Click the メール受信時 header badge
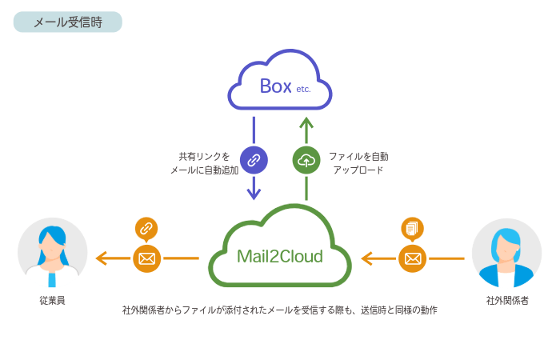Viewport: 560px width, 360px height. pos(68,22)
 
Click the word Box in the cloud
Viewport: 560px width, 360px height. pos(275,86)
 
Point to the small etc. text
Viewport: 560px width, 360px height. pos(302,90)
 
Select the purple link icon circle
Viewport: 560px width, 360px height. pos(254,160)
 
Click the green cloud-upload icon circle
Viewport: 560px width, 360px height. pos(306,160)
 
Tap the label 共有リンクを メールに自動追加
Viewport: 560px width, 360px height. pos(204,163)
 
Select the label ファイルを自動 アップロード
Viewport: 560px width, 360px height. pos(358,163)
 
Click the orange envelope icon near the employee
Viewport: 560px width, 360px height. pos(146,258)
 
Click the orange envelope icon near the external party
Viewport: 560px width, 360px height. pos(412,258)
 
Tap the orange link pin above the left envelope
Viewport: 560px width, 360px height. pos(146,229)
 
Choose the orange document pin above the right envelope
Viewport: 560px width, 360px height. pos(412,229)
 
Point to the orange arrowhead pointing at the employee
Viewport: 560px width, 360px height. pos(100,258)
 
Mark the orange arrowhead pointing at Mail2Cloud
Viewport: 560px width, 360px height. pos(366,258)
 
